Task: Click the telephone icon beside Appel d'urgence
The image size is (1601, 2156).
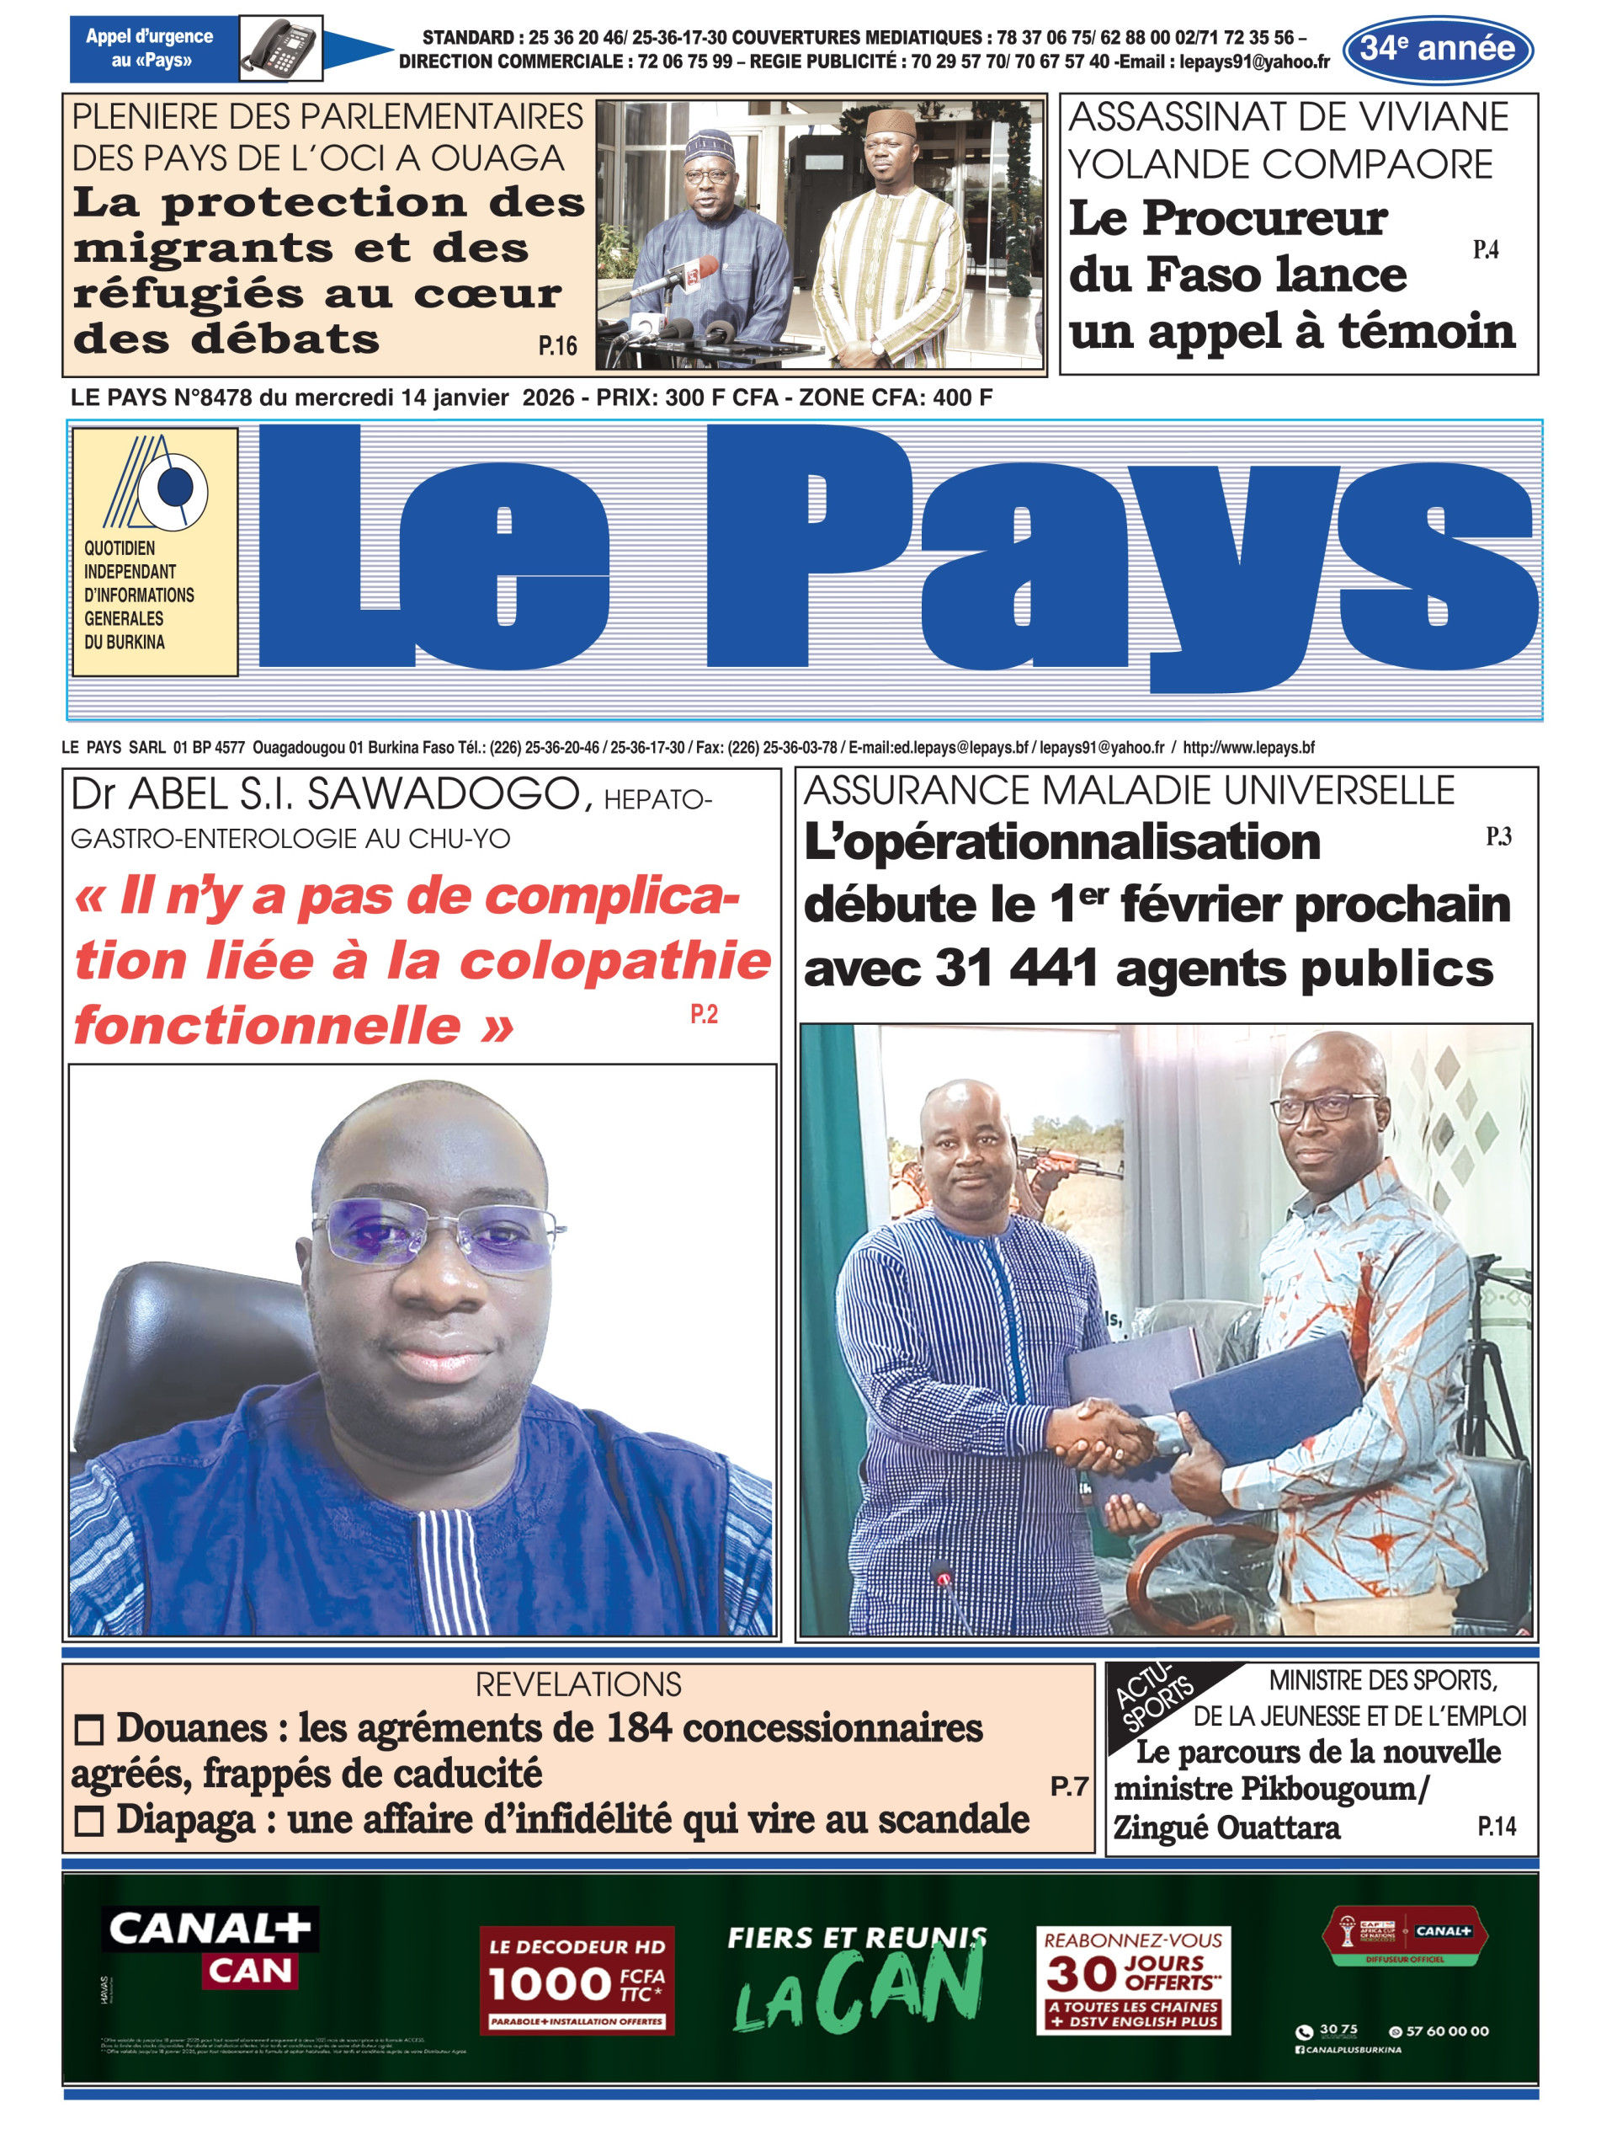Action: tap(280, 47)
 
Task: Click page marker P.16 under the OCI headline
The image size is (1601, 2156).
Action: tap(557, 346)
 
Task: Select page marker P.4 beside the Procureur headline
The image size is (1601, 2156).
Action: tap(1485, 250)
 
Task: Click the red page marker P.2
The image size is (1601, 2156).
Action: tap(704, 1014)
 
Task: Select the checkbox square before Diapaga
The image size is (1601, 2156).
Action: tap(88, 1822)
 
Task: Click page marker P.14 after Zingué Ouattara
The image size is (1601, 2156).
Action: tap(1497, 1827)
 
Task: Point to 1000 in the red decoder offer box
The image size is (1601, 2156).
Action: tap(549, 1984)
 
